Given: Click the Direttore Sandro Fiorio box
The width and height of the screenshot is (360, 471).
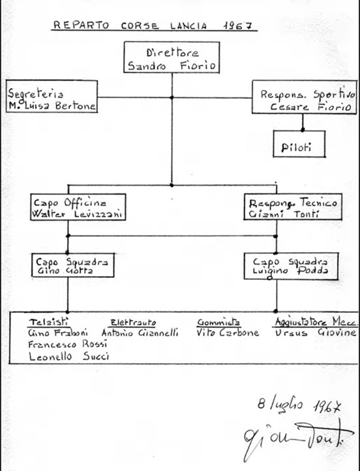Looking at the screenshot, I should coord(171,58).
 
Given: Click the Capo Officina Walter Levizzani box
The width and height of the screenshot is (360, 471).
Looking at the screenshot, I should coord(77,208).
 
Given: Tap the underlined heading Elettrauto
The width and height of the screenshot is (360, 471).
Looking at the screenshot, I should coord(133,322).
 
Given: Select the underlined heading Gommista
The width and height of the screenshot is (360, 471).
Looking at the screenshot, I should coord(218,322).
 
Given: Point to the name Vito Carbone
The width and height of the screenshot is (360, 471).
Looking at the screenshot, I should coord(227,333).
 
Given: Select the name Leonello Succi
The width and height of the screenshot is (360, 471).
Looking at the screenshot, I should coord(69,357).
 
